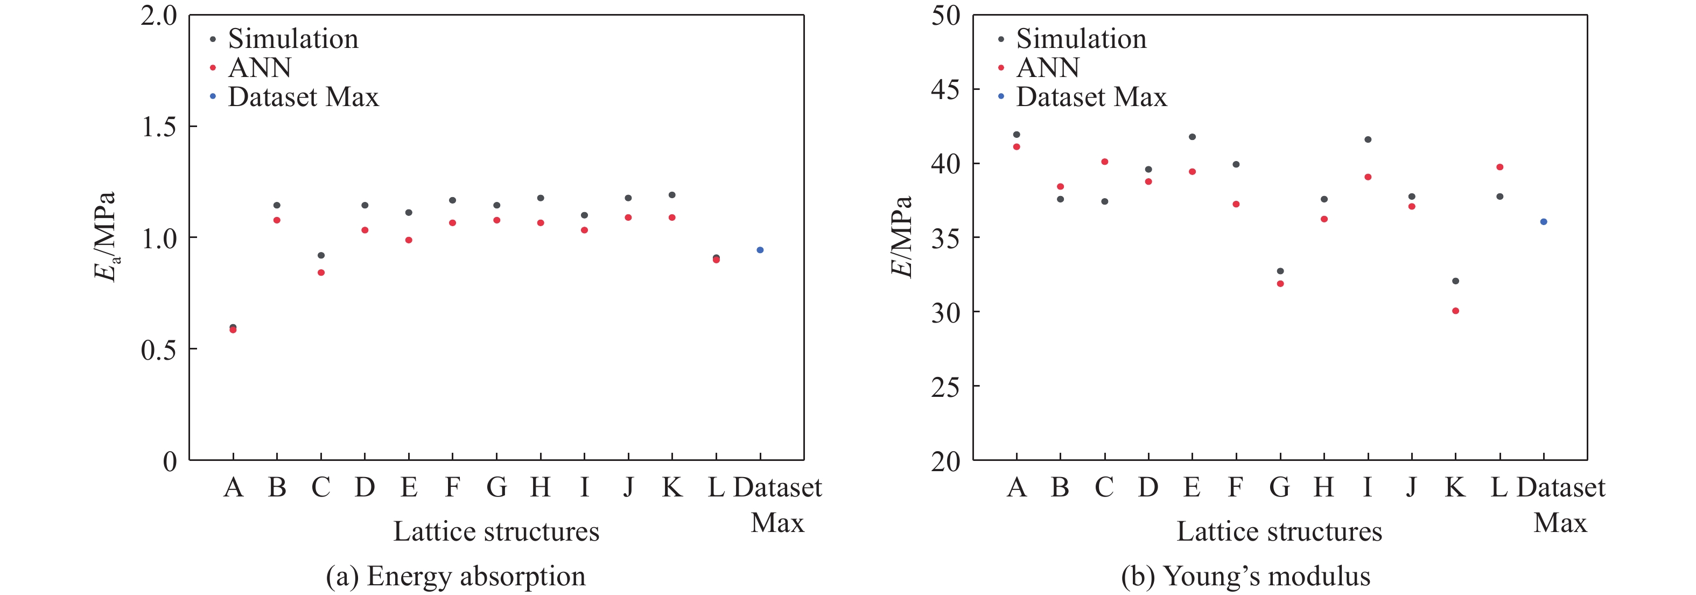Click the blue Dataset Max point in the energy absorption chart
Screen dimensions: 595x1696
coord(760,250)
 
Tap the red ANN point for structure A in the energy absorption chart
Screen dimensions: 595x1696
coord(233,330)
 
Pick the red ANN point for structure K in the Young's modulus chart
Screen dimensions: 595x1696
coord(1456,311)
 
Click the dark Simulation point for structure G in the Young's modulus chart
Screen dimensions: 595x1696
coord(1280,271)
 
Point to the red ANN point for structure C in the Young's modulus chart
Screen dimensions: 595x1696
coord(1105,162)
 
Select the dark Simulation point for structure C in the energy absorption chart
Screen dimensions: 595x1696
coord(321,255)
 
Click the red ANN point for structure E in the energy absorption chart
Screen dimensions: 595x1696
coord(409,240)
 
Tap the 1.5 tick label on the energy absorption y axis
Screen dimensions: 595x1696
coord(159,127)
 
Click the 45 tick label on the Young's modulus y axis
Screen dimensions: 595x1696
coord(945,89)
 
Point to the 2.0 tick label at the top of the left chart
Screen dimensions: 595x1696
coord(159,16)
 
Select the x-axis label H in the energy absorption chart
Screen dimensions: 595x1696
coord(541,488)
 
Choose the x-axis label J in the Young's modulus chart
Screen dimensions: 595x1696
coord(1411,488)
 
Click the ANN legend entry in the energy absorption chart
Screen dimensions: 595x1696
coord(260,68)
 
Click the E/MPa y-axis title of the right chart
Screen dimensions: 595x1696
coord(902,237)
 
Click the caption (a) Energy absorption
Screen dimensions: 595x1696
coord(455,577)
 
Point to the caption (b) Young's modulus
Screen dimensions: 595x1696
coord(1246,577)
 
